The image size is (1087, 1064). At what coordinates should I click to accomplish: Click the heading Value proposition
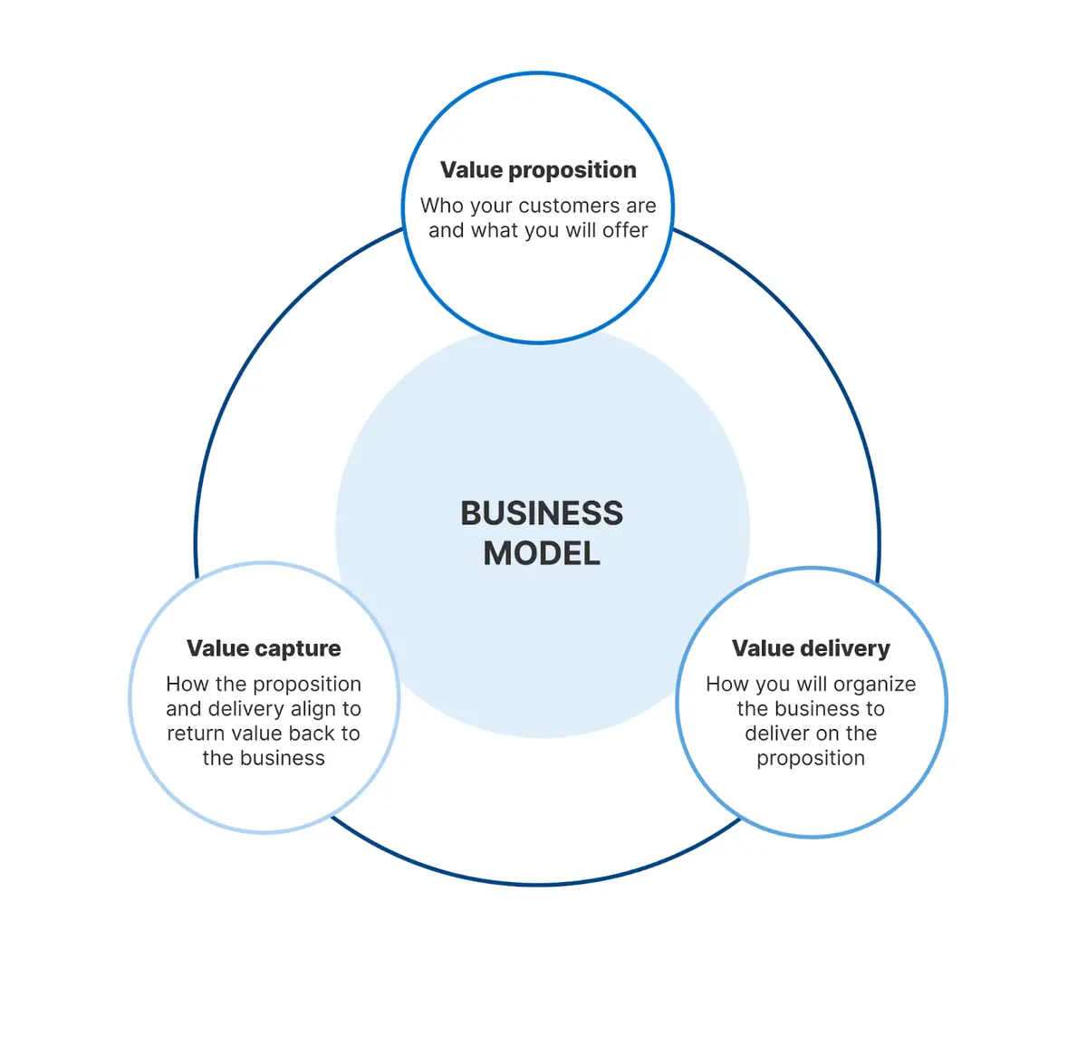(538, 170)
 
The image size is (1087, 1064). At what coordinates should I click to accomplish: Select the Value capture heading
(264, 648)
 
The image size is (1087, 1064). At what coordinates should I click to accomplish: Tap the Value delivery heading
(811, 648)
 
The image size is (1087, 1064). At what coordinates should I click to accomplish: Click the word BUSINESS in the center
(542, 513)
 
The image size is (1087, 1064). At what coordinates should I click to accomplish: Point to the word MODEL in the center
(542, 553)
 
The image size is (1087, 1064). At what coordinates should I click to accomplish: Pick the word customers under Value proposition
(569, 206)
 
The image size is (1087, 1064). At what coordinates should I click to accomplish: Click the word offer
(625, 231)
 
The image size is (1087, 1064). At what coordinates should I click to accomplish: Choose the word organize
(874, 685)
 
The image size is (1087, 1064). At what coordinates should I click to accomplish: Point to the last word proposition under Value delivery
(811, 759)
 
